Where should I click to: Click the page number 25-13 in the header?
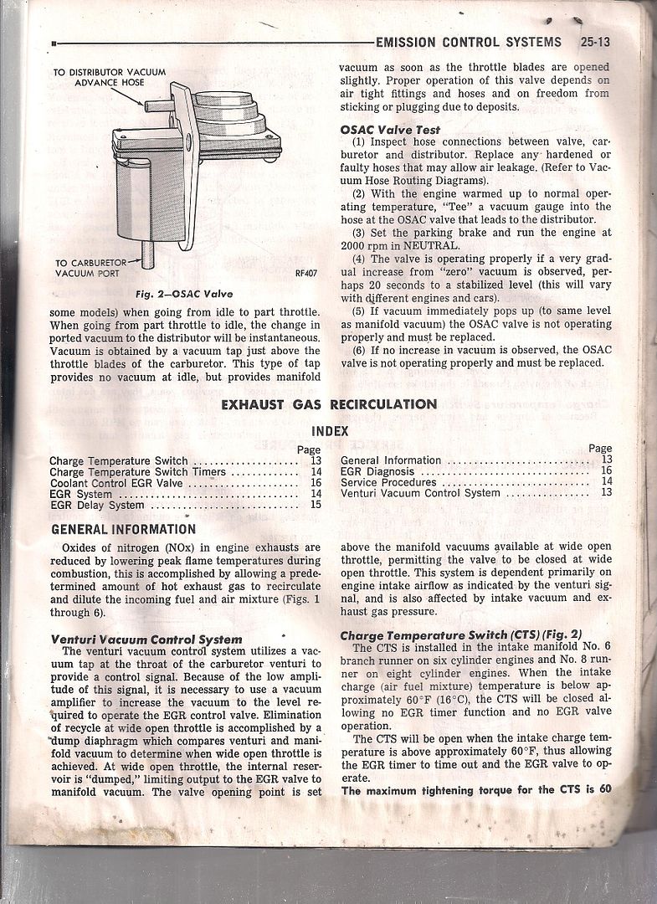[x=593, y=42]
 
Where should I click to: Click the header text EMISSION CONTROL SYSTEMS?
[x=469, y=42]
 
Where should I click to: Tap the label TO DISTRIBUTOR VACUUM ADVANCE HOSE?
[x=110, y=78]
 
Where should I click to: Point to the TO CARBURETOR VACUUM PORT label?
[x=87, y=268]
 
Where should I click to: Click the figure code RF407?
[x=309, y=273]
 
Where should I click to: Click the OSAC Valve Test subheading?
[x=390, y=130]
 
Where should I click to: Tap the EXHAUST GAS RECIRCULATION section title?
[x=329, y=404]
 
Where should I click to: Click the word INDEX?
[x=329, y=432]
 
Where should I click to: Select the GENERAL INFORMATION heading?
[x=124, y=529]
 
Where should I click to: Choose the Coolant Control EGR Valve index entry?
[x=104, y=483]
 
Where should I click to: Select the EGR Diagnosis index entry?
[x=377, y=471]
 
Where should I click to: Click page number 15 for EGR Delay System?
[x=316, y=505]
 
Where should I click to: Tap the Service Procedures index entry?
[x=388, y=482]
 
